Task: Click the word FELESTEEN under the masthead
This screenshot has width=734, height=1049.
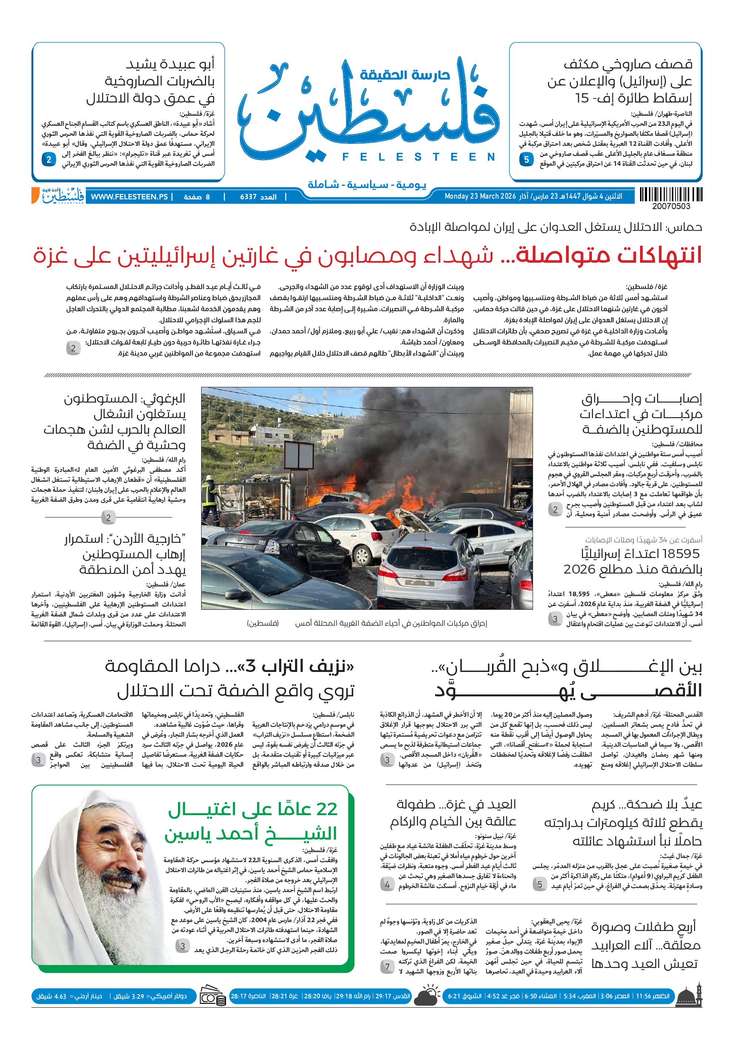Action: pyautogui.click(x=418, y=157)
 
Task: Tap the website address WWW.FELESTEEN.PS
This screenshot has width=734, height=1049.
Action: pyautogui.click(x=129, y=197)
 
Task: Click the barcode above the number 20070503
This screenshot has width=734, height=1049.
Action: pyautogui.click(x=670, y=195)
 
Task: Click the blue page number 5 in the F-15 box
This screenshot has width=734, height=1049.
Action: pyautogui.click(x=526, y=159)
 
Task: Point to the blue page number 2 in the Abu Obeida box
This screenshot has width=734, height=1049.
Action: pyautogui.click(x=49, y=159)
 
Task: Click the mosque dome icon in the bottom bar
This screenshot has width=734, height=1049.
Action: pyautogui.click(x=688, y=996)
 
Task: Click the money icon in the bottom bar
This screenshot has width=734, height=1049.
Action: pyautogui.click(x=213, y=996)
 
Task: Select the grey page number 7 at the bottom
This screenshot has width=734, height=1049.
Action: pyautogui.click(x=387, y=967)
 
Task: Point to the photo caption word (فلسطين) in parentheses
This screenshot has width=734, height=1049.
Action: pyautogui.click(x=263, y=623)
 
